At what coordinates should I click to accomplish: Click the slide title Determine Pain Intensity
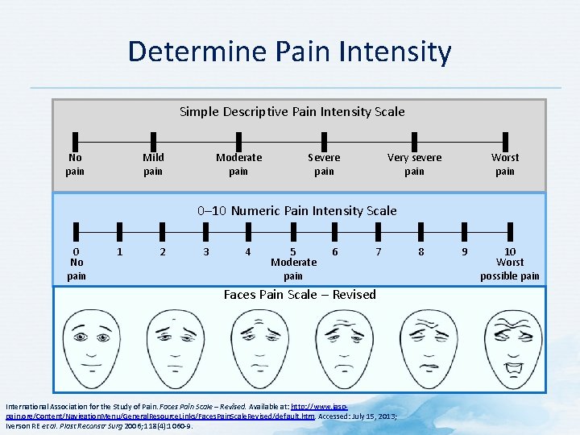click(x=290, y=52)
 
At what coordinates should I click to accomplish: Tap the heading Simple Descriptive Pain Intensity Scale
click(x=292, y=111)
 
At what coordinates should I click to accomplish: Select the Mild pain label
click(x=153, y=164)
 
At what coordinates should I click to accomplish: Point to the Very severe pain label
click(x=414, y=164)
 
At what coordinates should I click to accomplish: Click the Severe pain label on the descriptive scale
click(x=324, y=164)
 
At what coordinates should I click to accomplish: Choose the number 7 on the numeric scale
click(x=379, y=251)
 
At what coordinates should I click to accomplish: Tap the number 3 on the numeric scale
click(x=206, y=251)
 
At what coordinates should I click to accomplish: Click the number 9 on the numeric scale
click(x=463, y=251)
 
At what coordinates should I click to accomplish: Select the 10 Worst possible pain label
click(x=510, y=263)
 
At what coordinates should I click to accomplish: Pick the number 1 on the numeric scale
click(x=119, y=251)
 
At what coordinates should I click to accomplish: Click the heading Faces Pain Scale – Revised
click(x=300, y=295)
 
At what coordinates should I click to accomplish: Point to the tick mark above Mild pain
click(x=153, y=139)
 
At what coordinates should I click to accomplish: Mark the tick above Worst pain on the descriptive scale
click(x=505, y=139)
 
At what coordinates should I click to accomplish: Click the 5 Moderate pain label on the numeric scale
click(x=293, y=263)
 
